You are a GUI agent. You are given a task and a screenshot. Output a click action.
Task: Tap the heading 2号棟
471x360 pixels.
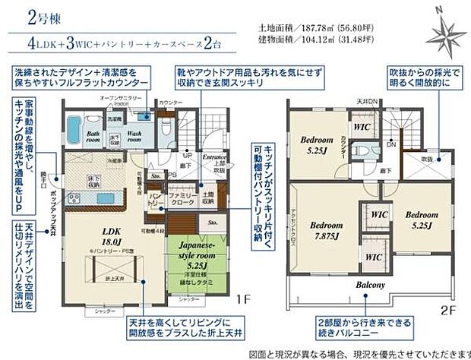25,16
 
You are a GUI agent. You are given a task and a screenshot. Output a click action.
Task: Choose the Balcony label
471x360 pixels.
371,285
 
